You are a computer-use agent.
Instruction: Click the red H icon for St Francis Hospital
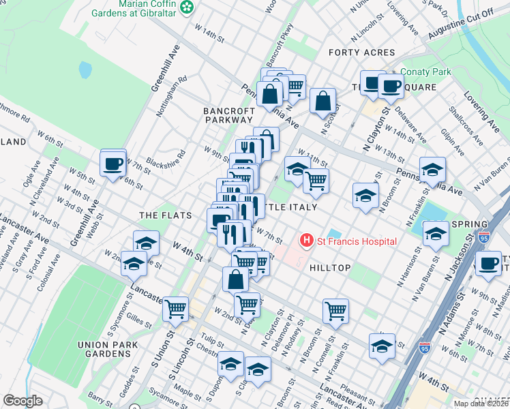(x=307, y=241)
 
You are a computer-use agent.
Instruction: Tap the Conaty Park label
(x=427, y=72)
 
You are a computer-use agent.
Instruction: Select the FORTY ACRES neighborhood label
(x=361, y=52)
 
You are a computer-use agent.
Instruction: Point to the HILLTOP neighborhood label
(x=330, y=268)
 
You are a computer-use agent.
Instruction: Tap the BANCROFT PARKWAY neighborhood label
(x=227, y=115)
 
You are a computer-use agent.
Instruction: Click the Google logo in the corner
(x=22, y=401)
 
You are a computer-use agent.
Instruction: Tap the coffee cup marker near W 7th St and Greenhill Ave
(x=113, y=164)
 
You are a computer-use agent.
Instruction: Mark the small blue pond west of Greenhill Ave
(x=85, y=70)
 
